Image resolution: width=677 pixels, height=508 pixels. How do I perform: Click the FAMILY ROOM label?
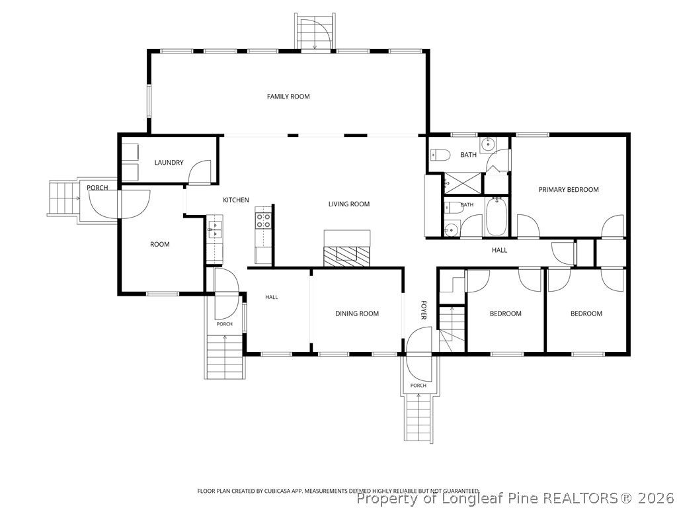288,97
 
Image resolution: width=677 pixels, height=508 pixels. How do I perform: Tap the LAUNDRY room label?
169,163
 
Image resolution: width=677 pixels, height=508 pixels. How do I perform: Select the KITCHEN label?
236,200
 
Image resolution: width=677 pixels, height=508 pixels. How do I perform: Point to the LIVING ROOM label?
349,204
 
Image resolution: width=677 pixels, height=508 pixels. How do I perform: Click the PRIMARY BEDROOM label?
568,189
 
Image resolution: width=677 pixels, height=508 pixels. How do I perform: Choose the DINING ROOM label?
356,314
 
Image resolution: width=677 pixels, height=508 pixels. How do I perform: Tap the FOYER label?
424,310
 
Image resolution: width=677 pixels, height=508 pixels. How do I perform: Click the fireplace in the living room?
347,249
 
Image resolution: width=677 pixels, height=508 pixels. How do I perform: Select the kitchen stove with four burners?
263,221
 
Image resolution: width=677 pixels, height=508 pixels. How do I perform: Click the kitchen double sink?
215,230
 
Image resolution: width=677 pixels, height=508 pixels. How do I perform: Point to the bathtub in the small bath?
497,216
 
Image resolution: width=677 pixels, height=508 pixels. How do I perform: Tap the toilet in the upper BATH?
440,154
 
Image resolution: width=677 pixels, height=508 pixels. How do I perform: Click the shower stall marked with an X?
461,183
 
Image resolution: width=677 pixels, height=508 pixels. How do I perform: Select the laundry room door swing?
200,172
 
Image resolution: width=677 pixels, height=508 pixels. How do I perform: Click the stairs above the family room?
315,32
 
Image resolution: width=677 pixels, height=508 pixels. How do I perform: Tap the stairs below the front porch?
418,418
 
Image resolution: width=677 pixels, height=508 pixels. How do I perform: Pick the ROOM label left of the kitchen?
160,244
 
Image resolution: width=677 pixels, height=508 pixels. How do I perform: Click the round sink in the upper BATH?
489,144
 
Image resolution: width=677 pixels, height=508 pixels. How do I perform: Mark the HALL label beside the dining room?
272,297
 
